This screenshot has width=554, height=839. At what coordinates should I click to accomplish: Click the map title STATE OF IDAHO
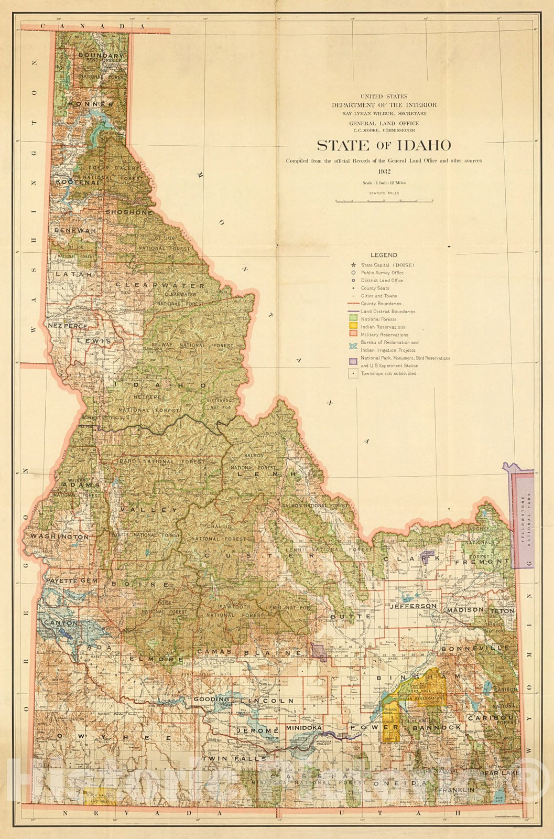click(x=384, y=145)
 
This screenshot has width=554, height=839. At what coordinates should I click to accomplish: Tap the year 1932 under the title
click(x=384, y=171)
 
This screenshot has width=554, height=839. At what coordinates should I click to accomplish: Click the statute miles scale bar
click(x=384, y=200)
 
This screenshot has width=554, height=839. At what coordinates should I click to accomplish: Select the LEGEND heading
click(x=384, y=255)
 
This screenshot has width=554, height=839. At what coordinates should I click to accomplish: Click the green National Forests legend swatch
click(x=353, y=319)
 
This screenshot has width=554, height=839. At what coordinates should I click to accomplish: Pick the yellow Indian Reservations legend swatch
click(x=353, y=327)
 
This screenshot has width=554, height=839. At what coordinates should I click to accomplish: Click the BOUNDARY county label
click(x=101, y=55)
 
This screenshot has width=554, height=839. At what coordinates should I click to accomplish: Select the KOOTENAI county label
click(x=77, y=182)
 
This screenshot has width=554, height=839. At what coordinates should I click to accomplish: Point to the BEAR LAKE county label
click(x=500, y=773)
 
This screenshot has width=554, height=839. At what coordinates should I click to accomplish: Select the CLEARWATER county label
click(x=160, y=285)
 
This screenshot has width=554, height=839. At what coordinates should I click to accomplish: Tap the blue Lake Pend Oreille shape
click(x=103, y=122)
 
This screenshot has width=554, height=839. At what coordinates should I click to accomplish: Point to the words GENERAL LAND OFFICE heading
click(x=384, y=123)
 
